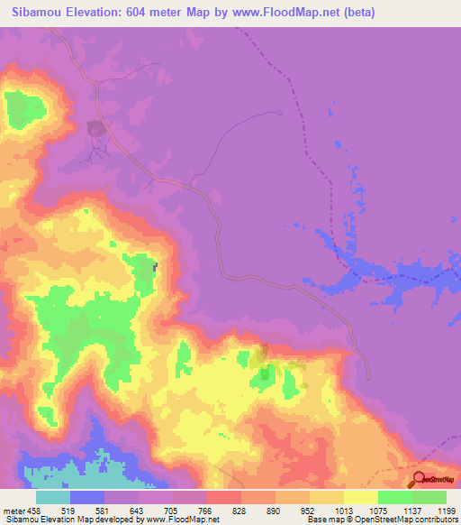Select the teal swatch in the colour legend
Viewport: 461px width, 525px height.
(53, 497)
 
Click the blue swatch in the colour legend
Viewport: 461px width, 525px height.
(87, 497)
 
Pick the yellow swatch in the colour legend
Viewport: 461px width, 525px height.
(361, 497)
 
